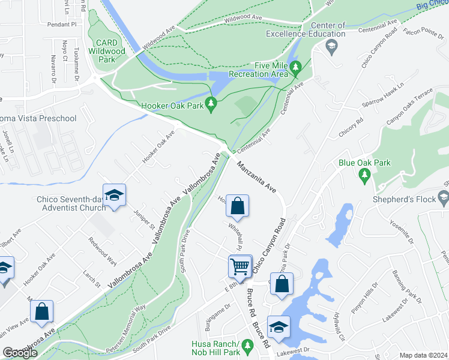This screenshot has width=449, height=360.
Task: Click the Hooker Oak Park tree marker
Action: pos(211,105)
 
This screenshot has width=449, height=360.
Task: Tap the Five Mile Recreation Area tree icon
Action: pos(295,69)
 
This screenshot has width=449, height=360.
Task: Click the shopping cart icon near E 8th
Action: pos(240,265)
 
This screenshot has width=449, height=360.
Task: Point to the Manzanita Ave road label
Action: pos(256,176)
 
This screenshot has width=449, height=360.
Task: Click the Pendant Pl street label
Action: pos(65,25)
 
